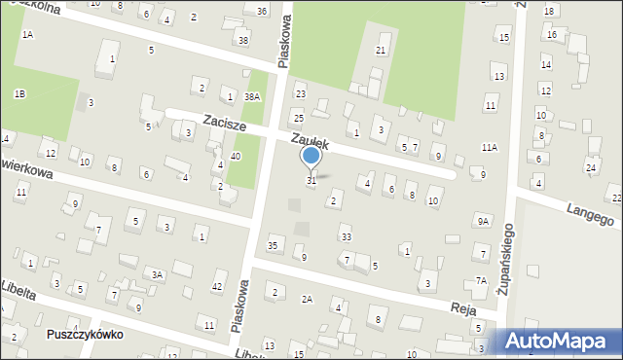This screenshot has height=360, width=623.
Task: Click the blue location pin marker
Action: point(311,157)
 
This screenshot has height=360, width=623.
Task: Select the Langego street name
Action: point(592,210)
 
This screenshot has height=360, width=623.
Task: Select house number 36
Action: point(262,11)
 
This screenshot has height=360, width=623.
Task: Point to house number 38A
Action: point(252,96)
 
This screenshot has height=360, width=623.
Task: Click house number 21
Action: point(382,50)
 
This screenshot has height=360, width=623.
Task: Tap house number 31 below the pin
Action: point(311,180)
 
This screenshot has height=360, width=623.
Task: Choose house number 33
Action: point(346,236)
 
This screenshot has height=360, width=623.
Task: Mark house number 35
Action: point(274,245)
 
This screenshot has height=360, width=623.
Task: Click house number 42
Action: point(217,286)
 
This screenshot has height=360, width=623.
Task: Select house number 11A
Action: point(489,147)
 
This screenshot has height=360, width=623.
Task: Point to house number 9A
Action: point(482,221)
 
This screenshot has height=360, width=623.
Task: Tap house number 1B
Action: point(19,93)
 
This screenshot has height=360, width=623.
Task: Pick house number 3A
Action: point(156,275)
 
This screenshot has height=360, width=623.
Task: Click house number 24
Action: point(590,168)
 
